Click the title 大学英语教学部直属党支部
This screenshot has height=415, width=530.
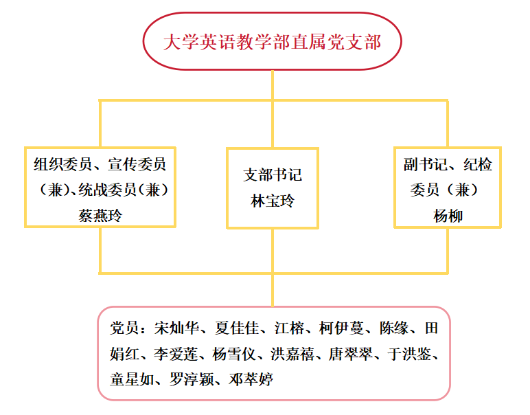[x=272, y=42]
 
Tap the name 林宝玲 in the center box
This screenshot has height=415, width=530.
[x=272, y=201]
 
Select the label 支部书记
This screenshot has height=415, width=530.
[x=272, y=175]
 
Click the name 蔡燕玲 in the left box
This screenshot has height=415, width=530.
[x=101, y=216]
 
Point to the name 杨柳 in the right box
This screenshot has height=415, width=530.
[x=448, y=216]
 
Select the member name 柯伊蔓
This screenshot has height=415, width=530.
[x=345, y=328]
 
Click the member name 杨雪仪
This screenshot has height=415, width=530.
[x=234, y=354]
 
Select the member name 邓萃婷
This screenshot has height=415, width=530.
[x=251, y=379]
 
